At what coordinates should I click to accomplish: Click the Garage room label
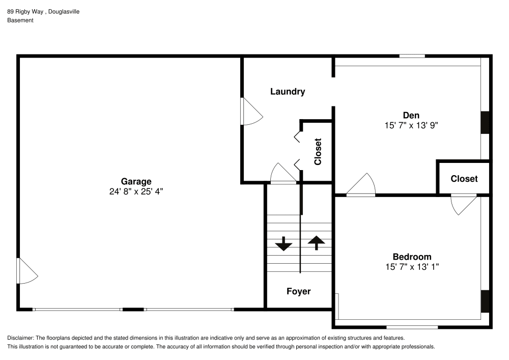click(x=136, y=181)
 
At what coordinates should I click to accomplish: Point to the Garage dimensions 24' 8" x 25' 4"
click(x=136, y=191)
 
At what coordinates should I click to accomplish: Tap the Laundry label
click(x=288, y=92)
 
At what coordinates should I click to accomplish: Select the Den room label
click(x=411, y=115)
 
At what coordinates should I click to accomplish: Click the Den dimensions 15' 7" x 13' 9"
click(x=411, y=125)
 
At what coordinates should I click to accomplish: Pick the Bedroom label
click(x=412, y=257)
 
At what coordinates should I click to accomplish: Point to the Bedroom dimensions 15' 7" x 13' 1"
click(x=412, y=266)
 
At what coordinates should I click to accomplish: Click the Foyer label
click(x=298, y=291)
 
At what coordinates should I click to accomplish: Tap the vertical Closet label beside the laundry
click(x=318, y=152)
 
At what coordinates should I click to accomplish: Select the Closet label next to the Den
click(x=464, y=179)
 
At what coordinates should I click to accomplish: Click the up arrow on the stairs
click(x=316, y=243)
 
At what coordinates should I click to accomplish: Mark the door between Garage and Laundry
click(x=250, y=112)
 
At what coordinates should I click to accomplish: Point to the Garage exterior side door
click(x=27, y=271)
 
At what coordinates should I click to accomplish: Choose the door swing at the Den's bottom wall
click(x=362, y=185)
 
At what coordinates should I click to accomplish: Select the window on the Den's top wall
click(x=412, y=56)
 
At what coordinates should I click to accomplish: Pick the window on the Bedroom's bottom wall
click(x=412, y=327)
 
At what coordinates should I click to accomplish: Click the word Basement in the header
click(x=20, y=20)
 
